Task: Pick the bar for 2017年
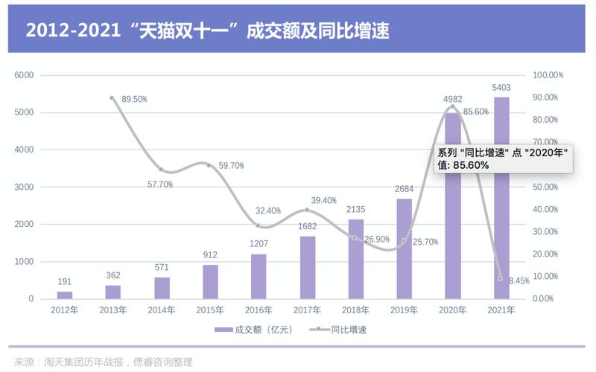pyautogui.click(x=308, y=267)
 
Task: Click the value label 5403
pyautogui.click(x=501, y=88)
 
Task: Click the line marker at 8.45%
pyautogui.click(x=500, y=278)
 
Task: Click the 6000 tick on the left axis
pyautogui.click(x=25, y=75)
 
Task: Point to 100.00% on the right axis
pyautogui.click(x=548, y=75)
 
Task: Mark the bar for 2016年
pyautogui.click(x=259, y=276)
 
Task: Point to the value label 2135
pyautogui.click(x=356, y=210)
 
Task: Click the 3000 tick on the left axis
pyautogui.click(x=25, y=187)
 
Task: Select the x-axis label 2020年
pyautogui.click(x=452, y=310)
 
